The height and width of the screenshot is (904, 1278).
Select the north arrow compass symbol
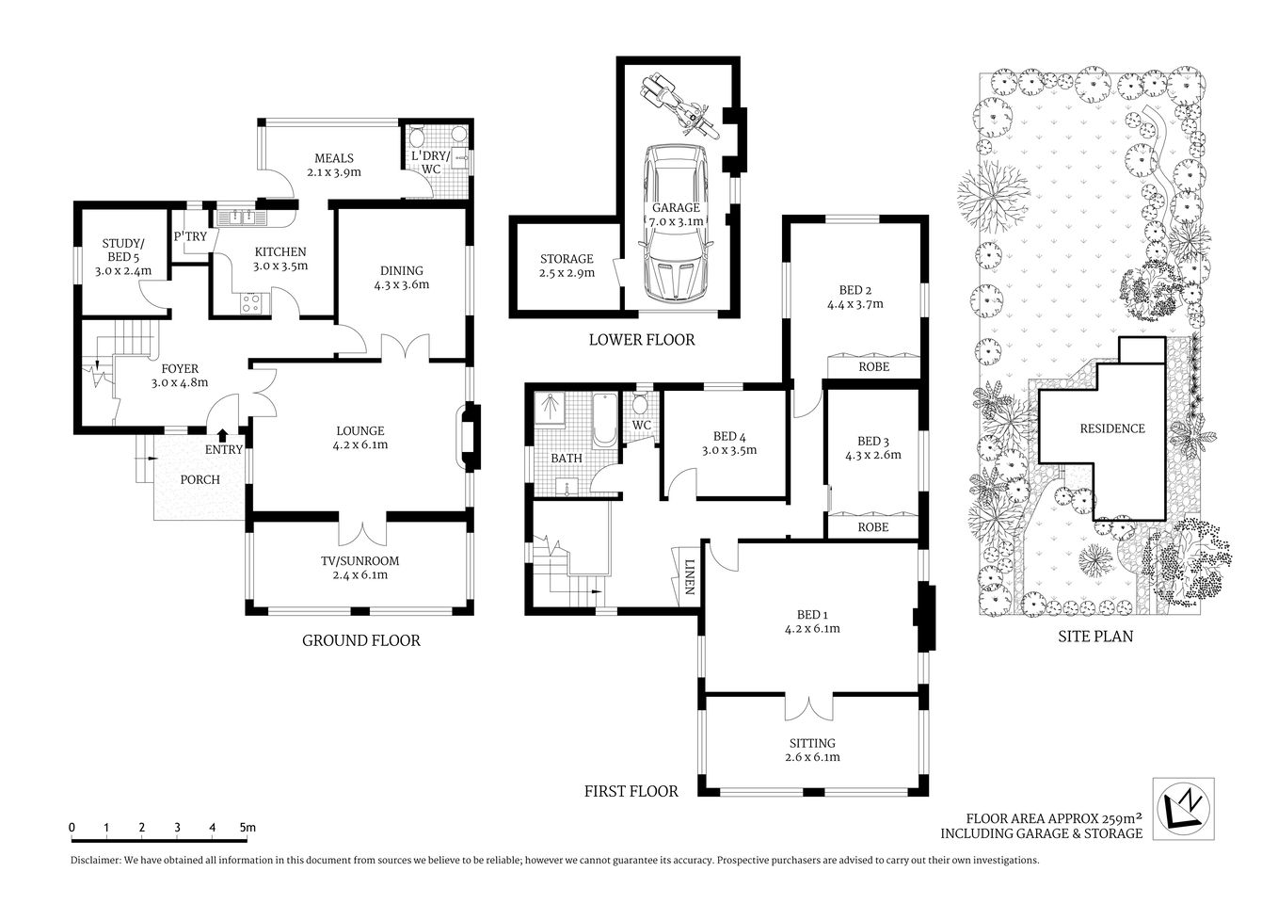(x=1183, y=806)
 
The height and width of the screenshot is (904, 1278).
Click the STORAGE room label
(x=567, y=259)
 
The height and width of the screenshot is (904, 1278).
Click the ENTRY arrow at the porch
(x=222, y=434)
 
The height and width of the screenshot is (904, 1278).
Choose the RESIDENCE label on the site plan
(x=1111, y=428)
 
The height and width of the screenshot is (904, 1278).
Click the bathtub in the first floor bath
(x=603, y=421)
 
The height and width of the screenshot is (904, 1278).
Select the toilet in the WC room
(x=641, y=406)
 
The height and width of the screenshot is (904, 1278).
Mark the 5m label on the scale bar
(x=248, y=828)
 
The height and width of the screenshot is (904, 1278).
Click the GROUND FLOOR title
(x=360, y=640)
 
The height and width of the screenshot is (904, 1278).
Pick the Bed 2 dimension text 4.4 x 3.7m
(x=855, y=304)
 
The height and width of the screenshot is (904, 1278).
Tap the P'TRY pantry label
(x=190, y=237)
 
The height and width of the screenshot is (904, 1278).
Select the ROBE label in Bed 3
(x=872, y=527)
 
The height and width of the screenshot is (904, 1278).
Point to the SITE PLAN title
(x=1095, y=637)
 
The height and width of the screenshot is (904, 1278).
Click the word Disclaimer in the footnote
(x=97, y=861)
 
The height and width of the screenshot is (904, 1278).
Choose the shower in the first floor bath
(x=549, y=412)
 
